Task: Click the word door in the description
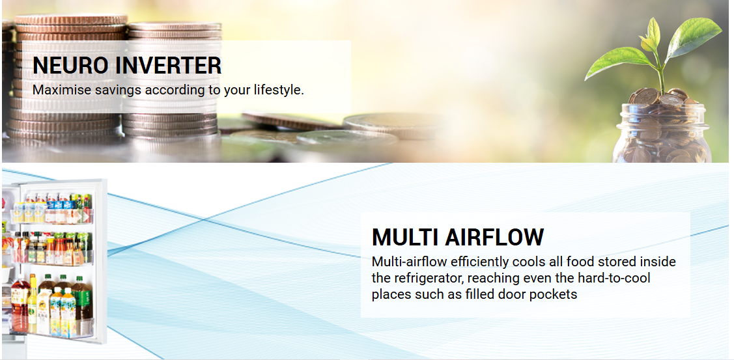(513, 295)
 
